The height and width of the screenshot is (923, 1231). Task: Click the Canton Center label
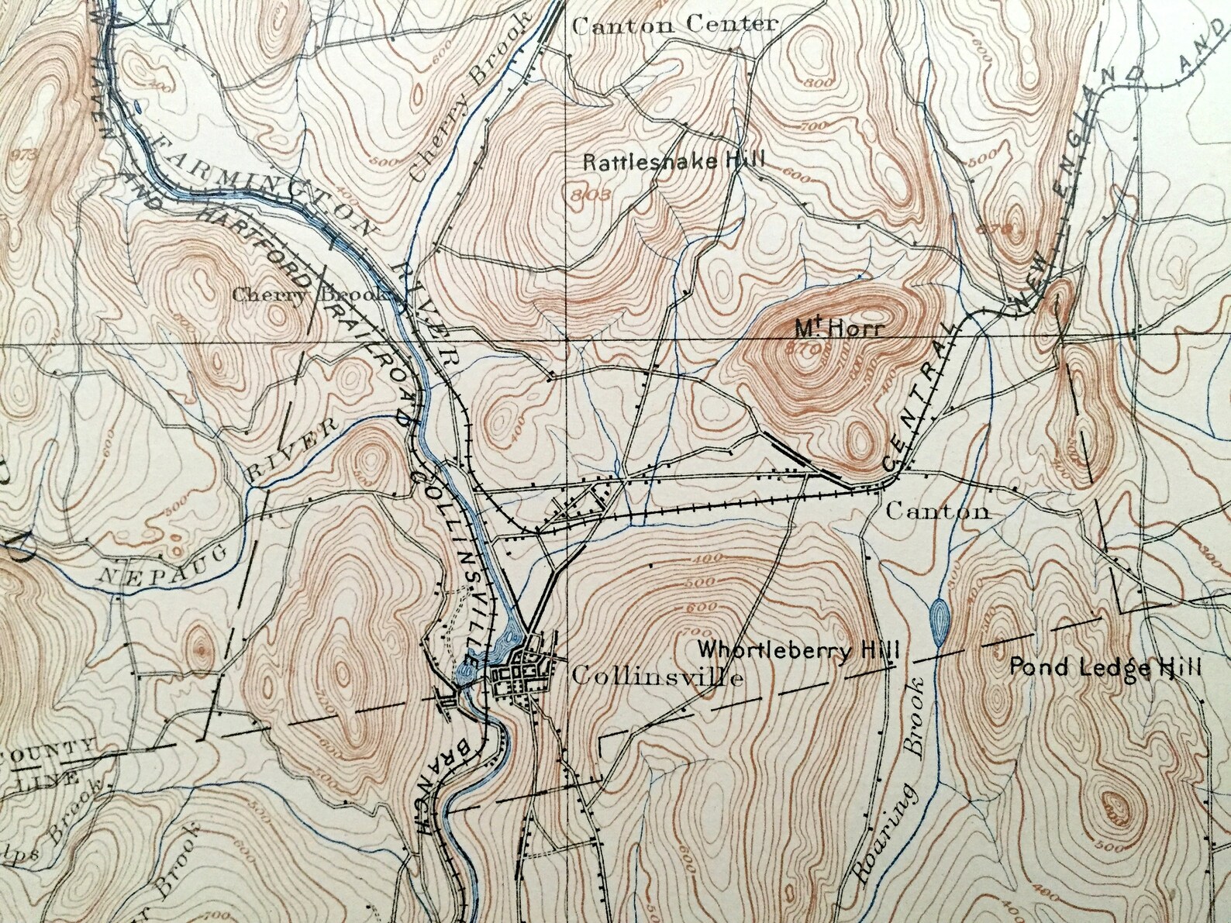pyautogui.click(x=674, y=25)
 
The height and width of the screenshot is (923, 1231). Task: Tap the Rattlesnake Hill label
pyautogui.click(x=673, y=162)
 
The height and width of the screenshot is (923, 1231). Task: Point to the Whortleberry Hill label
pyautogui.click(x=798, y=649)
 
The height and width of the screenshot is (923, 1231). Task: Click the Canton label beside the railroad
pyautogui.click(x=937, y=511)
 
